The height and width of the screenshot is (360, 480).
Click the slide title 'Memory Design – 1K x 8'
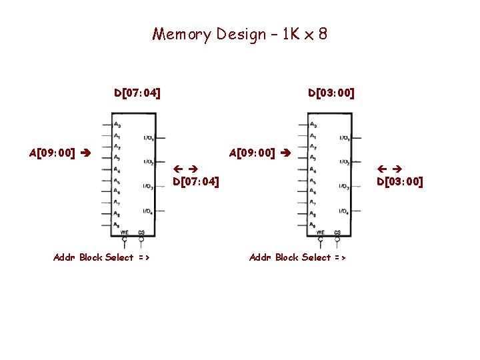coord(239,34)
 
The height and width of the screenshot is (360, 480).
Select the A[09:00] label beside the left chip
coord(51,153)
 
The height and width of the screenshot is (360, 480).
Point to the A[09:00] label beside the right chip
coord(252,153)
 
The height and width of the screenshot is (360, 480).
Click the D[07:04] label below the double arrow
coord(196,181)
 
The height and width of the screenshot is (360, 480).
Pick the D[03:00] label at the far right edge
coord(400,181)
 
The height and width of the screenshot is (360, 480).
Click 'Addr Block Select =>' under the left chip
coord(101,257)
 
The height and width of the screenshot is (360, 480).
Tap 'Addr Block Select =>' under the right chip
coord(297,257)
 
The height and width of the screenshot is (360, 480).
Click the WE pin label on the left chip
coord(124,232)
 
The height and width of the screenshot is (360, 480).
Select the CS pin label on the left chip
coord(141,232)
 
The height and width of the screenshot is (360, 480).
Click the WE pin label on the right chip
coord(320,232)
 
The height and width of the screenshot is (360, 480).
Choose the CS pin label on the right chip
coord(337,232)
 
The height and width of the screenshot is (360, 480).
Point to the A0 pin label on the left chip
coord(117,124)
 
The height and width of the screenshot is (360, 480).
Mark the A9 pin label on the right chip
coord(313,225)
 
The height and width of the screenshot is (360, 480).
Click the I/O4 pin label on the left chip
coord(148,211)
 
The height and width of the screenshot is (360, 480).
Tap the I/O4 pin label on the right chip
coord(344,211)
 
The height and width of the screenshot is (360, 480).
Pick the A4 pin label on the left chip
coord(117,169)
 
